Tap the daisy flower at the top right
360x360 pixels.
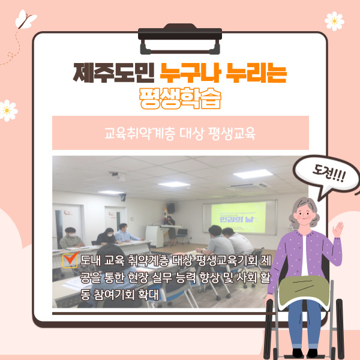[x=334, y=21]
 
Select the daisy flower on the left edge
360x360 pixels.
[x=8, y=110]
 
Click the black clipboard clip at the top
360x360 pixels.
[x=180, y=38]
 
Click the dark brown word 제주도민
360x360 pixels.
[x=113, y=73]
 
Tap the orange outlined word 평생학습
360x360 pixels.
[x=180, y=98]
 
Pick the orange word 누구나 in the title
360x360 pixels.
[x=191, y=73]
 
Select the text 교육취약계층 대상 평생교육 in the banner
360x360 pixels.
[x=180, y=133]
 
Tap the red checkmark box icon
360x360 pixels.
[x=70, y=260]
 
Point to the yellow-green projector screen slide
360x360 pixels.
[x=238, y=217]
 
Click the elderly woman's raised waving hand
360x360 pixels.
[x=337, y=229]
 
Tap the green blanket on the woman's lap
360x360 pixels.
[x=304, y=290]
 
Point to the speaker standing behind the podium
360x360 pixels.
[x=170, y=230]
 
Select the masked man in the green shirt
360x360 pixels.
[x=71, y=238]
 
